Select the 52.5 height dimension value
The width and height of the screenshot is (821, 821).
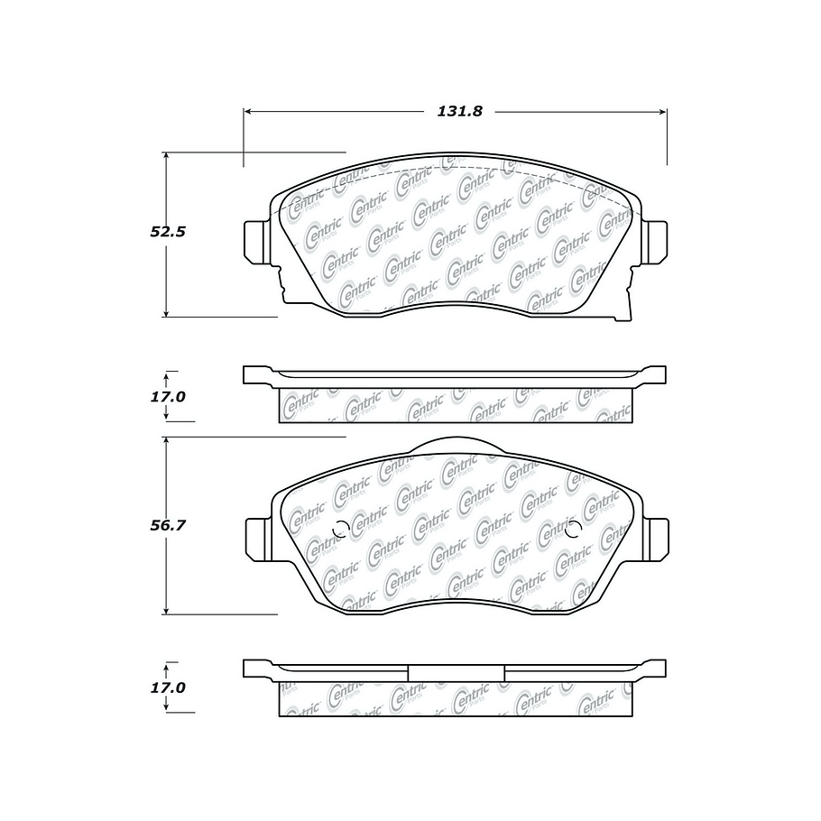(167, 232)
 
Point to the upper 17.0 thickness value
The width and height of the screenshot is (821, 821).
(167, 396)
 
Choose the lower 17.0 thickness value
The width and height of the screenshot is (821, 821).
(167, 687)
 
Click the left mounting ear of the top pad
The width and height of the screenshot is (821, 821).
(257, 242)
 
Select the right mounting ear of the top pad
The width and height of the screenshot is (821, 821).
(654, 242)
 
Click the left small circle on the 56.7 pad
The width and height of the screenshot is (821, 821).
(340, 531)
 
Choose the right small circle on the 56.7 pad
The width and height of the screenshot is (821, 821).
(571, 531)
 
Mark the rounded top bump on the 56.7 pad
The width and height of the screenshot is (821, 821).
(456, 444)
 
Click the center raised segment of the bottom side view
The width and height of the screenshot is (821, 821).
(456, 672)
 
